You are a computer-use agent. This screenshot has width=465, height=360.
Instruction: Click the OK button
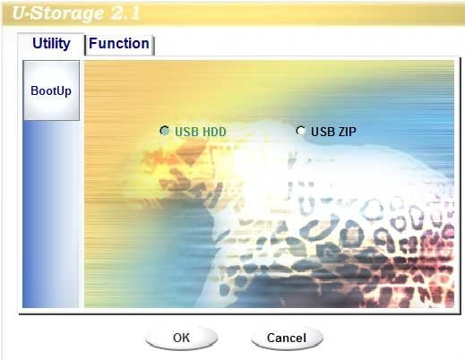click(x=181, y=338)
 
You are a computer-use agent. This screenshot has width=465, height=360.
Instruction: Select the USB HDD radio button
click(x=164, y=131)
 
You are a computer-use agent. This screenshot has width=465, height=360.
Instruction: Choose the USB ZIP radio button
click(x=300, y=131)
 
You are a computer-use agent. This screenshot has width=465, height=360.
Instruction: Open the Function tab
click(x=119, y=44)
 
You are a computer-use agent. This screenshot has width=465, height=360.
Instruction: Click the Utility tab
click(x=51, y=44)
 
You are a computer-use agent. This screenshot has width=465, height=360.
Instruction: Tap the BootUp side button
click(x=51, y=90)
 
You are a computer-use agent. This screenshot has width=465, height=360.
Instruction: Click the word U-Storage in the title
click(x=58, y=13)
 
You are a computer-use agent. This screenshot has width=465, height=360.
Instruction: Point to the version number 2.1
click(x=125, y=13)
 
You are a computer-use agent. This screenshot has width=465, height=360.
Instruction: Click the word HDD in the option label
click(x=212, y=132)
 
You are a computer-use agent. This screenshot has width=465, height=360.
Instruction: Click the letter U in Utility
click(x=37, y=43)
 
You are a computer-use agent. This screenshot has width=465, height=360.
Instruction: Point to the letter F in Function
click(x=92, y=43)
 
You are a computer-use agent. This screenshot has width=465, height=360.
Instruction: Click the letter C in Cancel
click(x=271, y=338)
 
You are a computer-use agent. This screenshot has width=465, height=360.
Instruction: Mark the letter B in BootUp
click(x=34, y=90)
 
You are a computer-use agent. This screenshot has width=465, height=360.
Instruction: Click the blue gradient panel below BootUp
click(x=51, y=214)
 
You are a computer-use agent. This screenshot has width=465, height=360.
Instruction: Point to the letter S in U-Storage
click(x=39, y=13)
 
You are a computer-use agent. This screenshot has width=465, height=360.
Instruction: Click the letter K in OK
click(x=186, y=338)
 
